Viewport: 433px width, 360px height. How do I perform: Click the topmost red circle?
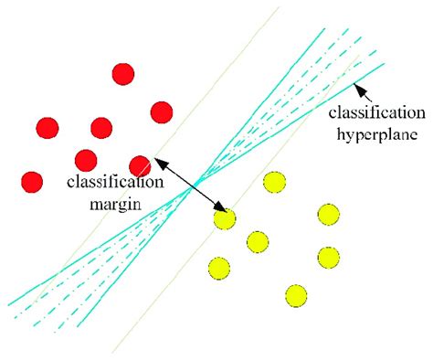pyautogui.click(x=123, y=73)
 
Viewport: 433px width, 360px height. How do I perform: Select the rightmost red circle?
pyautogui.click(x=162, y=111)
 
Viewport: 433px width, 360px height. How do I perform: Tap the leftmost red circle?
pyautogui.click(x=32, y=181)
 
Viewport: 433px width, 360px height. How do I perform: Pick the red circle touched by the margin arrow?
pyautogui.click(x=140, y=165)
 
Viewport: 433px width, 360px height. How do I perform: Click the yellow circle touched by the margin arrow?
pyautogui.click(x=223, y=219)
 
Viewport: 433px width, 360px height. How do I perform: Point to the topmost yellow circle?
pyautogui.click(x=272, y=183)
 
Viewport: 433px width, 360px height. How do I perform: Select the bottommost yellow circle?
pyautogui.click(x=295, y=295)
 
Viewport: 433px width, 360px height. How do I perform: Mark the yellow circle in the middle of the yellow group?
pyautogui.click(x=258, y=242)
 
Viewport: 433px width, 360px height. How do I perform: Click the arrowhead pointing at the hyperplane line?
pyautogui.click(x=359, y=89)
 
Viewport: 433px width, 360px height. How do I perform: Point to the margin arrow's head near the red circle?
pyautogui.click(x=158, y=163)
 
